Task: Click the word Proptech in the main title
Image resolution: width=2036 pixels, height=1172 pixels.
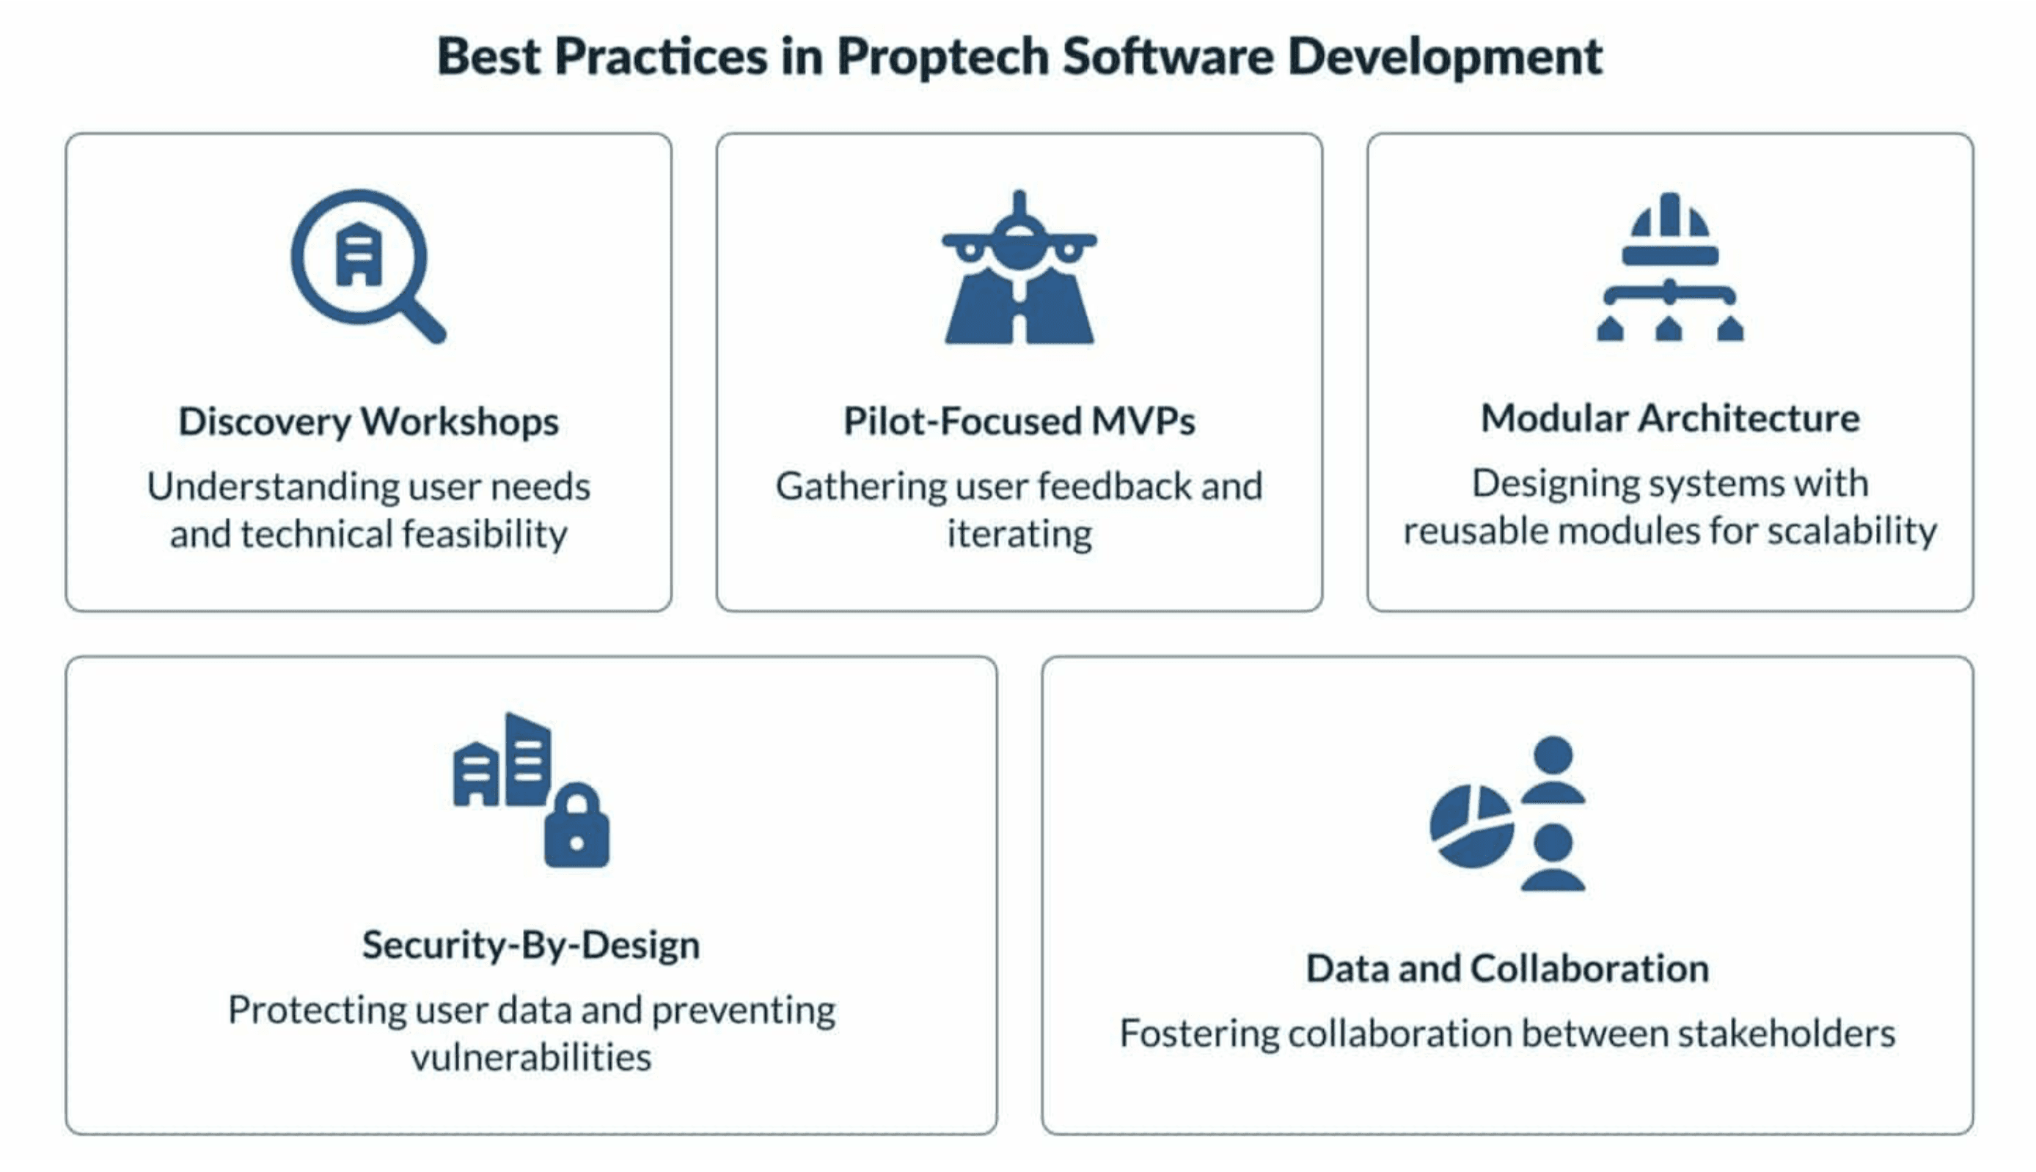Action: [942, 58]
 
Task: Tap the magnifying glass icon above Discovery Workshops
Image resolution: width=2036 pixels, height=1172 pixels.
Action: [367, 266]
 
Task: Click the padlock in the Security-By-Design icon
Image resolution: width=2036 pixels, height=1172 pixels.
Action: [577, 824]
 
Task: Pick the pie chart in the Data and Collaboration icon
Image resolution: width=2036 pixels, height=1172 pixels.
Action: [1471, 826]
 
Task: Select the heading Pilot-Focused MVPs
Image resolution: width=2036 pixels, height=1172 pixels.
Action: [1019, 421]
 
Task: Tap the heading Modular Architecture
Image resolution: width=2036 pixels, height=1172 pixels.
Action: [1670, 418]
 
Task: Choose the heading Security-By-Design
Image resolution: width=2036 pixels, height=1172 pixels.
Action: [531, 945]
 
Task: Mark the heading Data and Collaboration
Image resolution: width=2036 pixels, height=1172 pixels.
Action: [1507, 968]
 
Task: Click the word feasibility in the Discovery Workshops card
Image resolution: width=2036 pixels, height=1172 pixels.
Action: [485, 534]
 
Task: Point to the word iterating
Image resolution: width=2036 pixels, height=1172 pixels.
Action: [1019, 535]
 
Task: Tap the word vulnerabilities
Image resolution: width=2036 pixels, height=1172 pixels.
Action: [531, 1057]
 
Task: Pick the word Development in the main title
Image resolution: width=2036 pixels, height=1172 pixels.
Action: [1445, 58]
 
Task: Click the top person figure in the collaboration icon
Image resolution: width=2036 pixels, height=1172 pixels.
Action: [1553, 769]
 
